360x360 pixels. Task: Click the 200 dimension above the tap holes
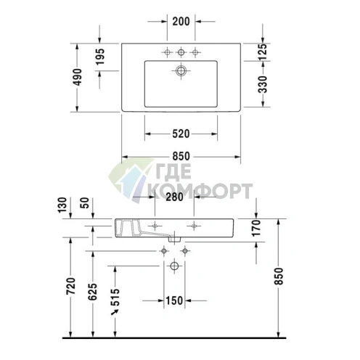pyautogui.click(x=181, y=20)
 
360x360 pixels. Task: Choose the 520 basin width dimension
pyautogui.click(x=181, y=133)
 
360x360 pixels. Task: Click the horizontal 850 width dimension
pyautogui.click(x=181, y=155)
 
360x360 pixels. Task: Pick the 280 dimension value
pyautogui.click(x=174, y=197)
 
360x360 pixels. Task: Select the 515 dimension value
pyautogui.click(x=115, y=297)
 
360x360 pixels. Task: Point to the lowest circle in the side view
pyautogui.click(x=174, y=267)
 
